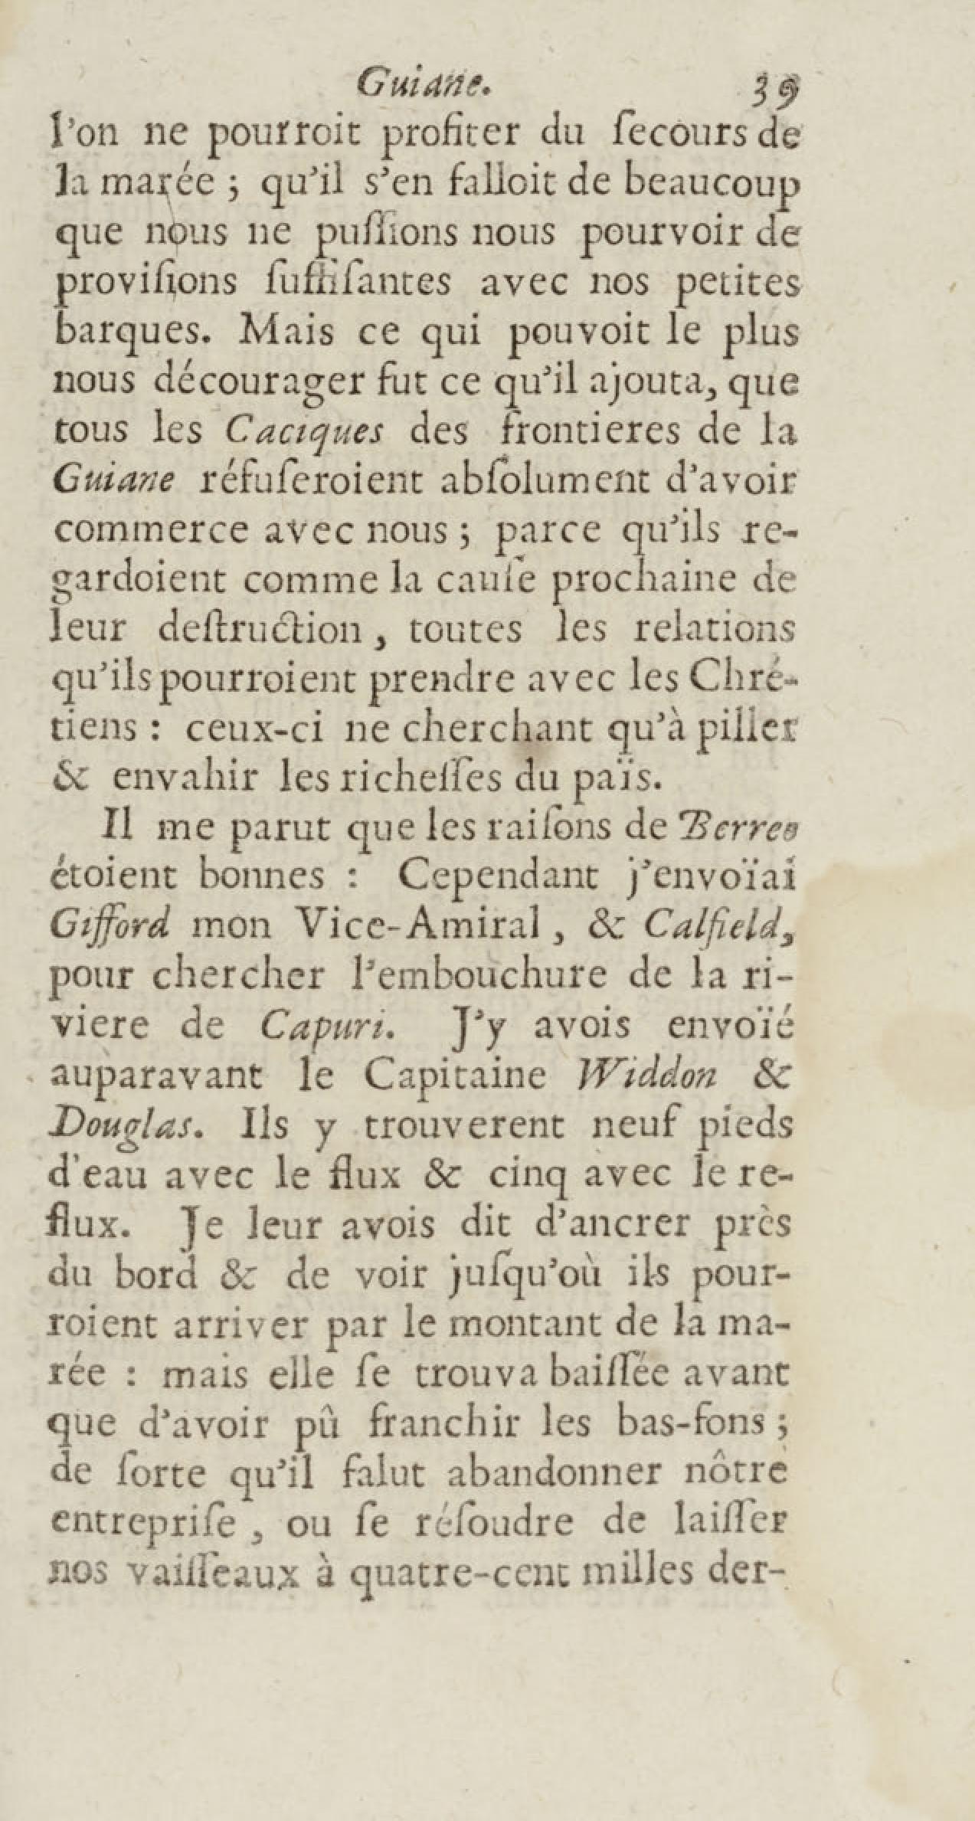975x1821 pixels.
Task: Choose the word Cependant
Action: [497, 877]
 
